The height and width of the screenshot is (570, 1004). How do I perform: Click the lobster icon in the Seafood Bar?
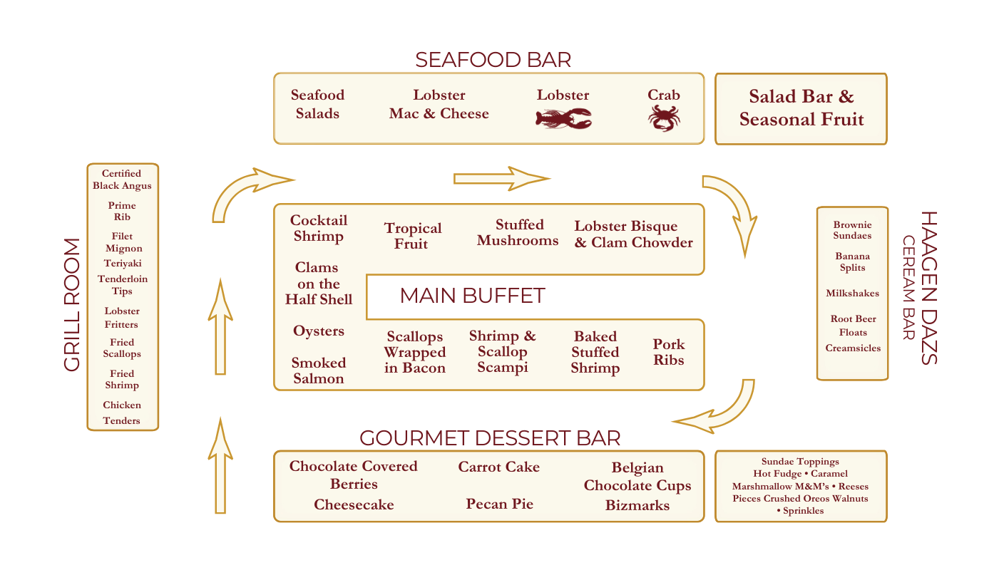tap(563, 118)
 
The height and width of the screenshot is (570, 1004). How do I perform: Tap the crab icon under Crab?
tap(664, 118)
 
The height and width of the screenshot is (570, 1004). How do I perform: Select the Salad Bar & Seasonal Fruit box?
tap(801, 108)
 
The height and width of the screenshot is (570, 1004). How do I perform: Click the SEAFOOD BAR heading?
tap(493, 60)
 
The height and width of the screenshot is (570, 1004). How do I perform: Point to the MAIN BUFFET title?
tap(472, 296)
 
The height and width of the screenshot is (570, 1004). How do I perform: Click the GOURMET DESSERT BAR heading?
tap(490, 437)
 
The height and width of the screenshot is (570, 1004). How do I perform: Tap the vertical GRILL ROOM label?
tap(72, 304)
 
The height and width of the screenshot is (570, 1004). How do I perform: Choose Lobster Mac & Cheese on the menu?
tap(439, 104)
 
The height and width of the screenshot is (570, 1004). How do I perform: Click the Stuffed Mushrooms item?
tap(518, 233)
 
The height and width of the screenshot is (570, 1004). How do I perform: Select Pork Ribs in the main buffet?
tap(668, 352)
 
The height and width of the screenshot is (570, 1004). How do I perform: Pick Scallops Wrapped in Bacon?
tap(414, 352)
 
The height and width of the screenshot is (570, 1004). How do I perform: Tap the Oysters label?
tap(319, 331)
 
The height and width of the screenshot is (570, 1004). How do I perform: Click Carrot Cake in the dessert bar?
tap(498, 467)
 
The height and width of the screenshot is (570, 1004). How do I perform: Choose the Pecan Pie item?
tap(500, 504)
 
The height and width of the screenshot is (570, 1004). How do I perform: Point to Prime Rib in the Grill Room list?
tap(122, 211)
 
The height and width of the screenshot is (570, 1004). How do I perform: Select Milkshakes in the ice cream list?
tap(852, 294)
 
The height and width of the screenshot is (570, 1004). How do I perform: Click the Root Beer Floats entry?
tap(853, 326)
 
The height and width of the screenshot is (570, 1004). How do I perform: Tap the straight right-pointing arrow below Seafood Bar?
tap(502, 178)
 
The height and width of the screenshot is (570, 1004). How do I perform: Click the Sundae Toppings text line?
tap(800, 462)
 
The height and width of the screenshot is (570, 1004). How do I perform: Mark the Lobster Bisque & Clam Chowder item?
tap(633, 234)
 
